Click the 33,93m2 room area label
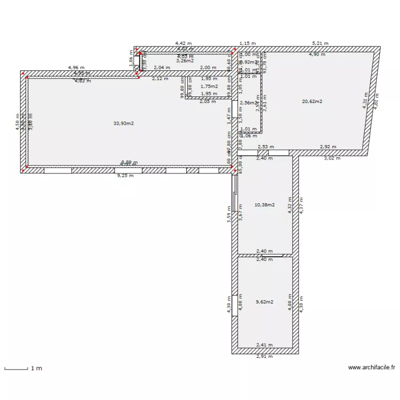tap(123, 123)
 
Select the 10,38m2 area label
tap(265, 205)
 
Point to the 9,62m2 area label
tap(265, 302)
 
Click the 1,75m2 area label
tap(209, 86)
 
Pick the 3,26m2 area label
tap(185, 61)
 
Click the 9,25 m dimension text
tap(125, 175)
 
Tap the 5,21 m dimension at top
tap(320, 43)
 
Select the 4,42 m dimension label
tap(184, 43)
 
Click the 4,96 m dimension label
tap(76, 68)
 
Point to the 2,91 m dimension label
tap(265, 356)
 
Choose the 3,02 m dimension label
tap(332, 158)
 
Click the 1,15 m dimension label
tap(247, 43)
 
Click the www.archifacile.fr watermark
tap(372, 367)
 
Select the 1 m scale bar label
tap(36, 369)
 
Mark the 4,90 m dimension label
tap(317, 54)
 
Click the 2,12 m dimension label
tap(160, 78)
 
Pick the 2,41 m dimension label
tap(265, 345)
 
